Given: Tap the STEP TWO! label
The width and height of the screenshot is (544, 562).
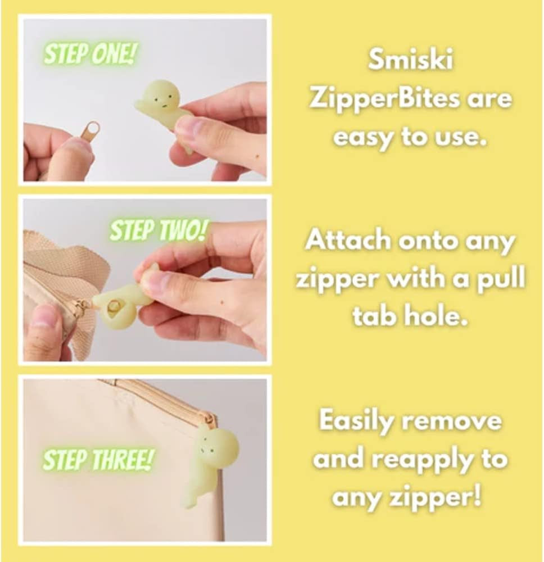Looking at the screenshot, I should [158, 230].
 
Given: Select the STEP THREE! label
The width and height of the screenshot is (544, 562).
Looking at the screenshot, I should [98, 460].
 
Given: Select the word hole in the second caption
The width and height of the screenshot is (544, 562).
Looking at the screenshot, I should [440, 316].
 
